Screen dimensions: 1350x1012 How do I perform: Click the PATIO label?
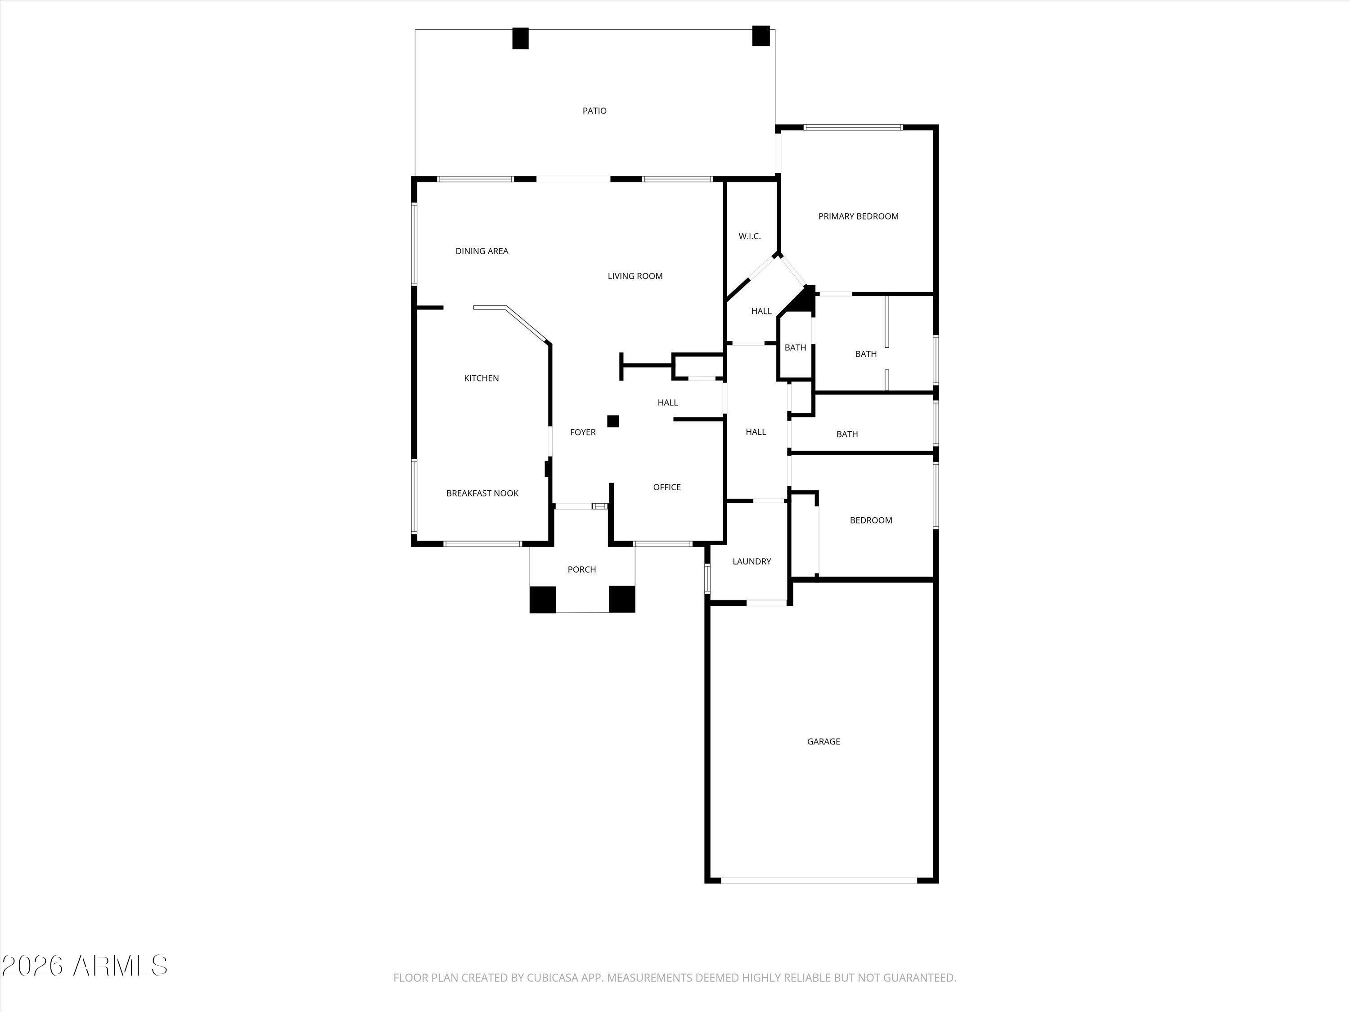(x=594, y=110)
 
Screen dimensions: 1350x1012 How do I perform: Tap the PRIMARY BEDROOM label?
(x=858, y=216)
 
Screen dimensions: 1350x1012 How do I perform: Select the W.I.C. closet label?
(x=749, y=236)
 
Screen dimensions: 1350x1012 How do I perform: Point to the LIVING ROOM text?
(x=634, y=276)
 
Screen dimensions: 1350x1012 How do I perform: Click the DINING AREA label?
(x=481, y=251)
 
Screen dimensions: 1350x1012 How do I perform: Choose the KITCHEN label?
(x=481, y=378)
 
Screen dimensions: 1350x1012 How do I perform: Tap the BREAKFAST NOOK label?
(x=482, y=493)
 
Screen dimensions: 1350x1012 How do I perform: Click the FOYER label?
(x=583, y=432)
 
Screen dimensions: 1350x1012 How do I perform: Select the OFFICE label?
(x=667, y=487)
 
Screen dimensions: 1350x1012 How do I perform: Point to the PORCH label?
(x=581, y=569)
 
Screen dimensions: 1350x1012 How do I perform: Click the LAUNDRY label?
(x=752, y=561)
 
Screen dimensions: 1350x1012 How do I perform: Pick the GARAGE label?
(x=823, y=741)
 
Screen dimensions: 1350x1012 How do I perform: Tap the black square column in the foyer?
(x=613, y=421)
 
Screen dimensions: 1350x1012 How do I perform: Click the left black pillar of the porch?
(x=543, y=599)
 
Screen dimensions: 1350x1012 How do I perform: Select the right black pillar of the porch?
(x=622, y=599)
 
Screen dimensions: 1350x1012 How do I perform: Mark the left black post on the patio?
(x=520, y=38)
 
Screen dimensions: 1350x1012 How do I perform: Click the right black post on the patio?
(x=760, y=36)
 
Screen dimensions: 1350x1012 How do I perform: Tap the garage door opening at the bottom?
(x=819, y=880)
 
